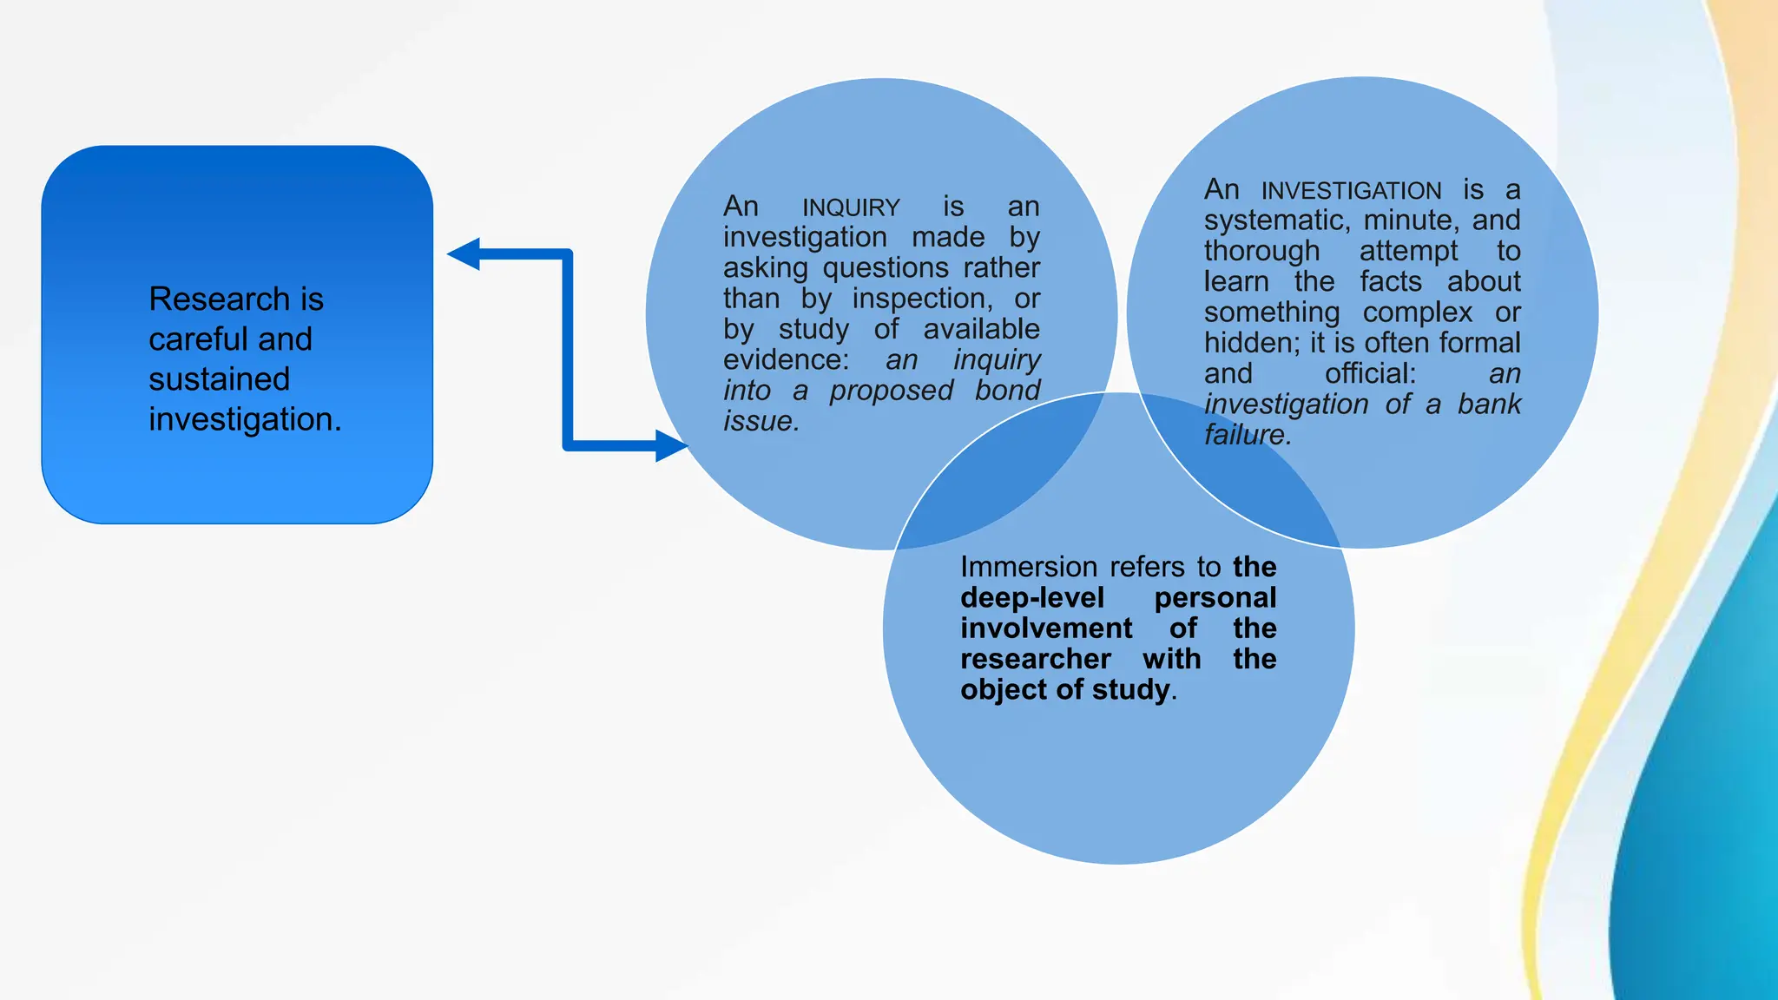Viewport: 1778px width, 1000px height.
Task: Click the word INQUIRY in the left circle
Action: [851, 208]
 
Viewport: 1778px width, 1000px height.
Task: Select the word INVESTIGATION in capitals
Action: [1351, 191]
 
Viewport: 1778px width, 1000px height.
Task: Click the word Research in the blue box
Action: [219, 299]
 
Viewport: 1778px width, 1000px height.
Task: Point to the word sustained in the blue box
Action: [219, 379]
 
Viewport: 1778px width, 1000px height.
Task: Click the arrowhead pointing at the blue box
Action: [464, 254]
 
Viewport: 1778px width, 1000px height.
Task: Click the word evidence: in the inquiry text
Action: [786, 359]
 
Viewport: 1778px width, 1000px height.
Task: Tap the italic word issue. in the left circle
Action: [761, 421]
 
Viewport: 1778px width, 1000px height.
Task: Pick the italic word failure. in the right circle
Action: [1248, 435]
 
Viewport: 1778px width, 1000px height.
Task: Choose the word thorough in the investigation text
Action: [1261, 252]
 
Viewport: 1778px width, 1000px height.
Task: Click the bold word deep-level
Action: [1032, 598]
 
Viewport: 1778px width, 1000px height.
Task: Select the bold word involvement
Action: [1046, 628]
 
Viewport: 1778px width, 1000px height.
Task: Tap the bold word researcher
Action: [1036, 659]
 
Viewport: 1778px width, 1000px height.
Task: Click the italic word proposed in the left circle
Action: [891, 391]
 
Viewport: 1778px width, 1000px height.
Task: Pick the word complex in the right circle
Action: [1418, 312]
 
